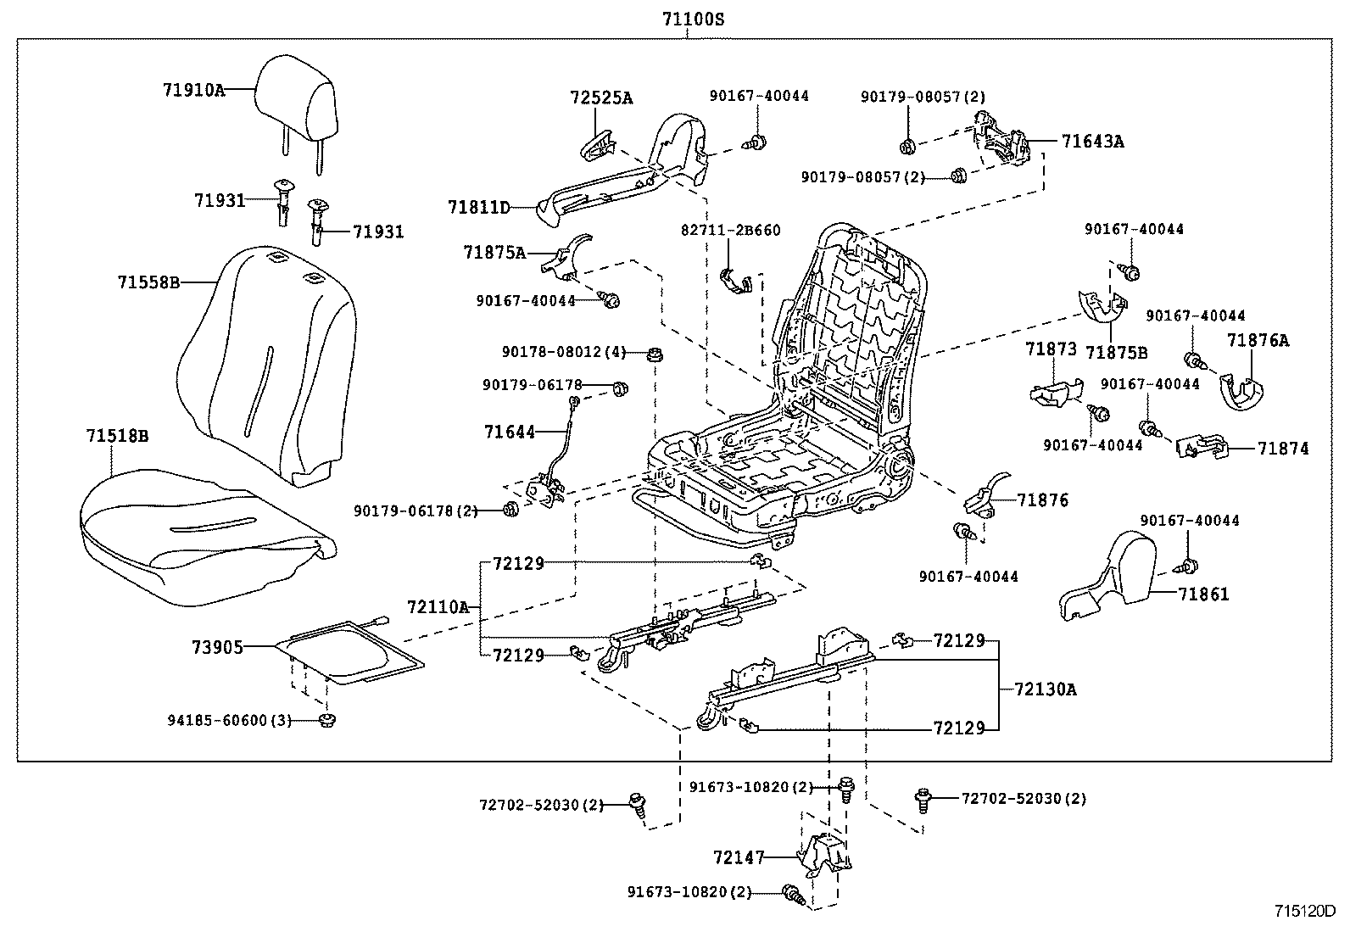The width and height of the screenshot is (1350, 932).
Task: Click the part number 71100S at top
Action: tap(694, 19)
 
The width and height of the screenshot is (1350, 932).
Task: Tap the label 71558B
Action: tap(148, 282)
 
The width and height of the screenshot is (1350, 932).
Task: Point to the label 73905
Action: tap(216, 647)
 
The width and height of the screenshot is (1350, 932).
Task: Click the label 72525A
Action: tap(600, 98)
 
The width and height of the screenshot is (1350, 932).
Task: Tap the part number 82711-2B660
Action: tap(730, 230)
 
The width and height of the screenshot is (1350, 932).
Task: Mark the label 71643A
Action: tap(1092, 142)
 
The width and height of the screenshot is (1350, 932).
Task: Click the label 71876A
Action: tap(1257, 340)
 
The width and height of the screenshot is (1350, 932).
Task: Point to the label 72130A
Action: tap(1045, 689)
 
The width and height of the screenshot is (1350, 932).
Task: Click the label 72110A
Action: tap(438, 606)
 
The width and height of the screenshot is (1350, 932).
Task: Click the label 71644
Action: tap(510, 432)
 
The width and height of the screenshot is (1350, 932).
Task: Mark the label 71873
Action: tap(1051, 349)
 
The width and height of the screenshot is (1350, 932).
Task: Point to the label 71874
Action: tap(1283, 448)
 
